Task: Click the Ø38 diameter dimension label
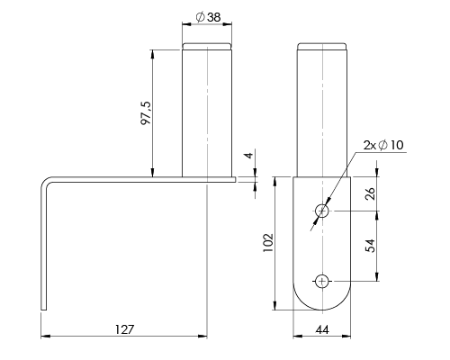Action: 208,17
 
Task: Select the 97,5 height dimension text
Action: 147,113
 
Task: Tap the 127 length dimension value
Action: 124,329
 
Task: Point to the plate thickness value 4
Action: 248,156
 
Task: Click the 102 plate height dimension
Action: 268,243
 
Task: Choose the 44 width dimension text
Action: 322,330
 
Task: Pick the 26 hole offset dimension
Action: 371,193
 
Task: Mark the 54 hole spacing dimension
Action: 371,246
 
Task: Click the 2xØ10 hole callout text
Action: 383,145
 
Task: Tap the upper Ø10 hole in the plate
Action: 322,211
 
